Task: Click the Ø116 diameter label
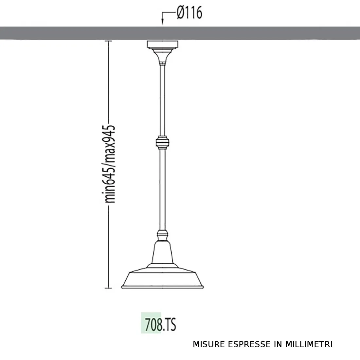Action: click(189, 13)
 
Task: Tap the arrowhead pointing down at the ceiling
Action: click(163, 23)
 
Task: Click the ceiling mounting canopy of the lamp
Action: click(163, 44)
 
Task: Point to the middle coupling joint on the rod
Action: click(163, 142)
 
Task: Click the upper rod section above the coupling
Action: click(163, 98)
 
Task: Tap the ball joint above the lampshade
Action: click(163, 235)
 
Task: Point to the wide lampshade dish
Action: click(163, 278)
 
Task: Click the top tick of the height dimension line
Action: click(108, 41)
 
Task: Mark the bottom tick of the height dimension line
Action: click(108, 288)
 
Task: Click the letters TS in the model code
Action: click(170, 324)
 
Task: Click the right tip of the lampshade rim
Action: click(203, 287)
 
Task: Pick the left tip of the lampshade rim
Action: click(122, 287)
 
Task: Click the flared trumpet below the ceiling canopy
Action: click(163, 56)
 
